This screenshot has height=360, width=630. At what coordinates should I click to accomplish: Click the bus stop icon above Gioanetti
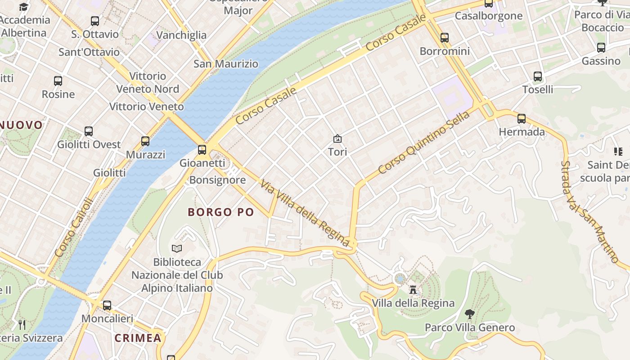click(x=202, y=150)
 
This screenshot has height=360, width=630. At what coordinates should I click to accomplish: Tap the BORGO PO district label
click(x=221, y=212)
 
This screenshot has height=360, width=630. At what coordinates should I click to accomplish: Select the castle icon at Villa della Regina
click(x=413, y=289)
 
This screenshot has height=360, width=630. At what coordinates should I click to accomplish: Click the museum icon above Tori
click(x=337, y=139)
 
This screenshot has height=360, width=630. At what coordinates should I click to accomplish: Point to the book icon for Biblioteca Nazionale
click(x=177, y=248)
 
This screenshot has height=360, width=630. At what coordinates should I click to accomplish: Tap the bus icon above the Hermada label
click(x=522, y=119)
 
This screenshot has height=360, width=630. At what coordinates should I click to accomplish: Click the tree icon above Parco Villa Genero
click(x=469, y=314)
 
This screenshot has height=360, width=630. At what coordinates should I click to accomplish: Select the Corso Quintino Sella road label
click(x=423, y=142)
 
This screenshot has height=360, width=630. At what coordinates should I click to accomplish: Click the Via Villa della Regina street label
click(x=305, y=213)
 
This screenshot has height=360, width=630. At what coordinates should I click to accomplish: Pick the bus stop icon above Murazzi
click(x=145, y=141)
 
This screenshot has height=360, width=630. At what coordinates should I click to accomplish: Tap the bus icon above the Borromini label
click(x=445, y=38)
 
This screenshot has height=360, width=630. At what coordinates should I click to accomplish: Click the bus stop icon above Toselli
click(x=538, y=76)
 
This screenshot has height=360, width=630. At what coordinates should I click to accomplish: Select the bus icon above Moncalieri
click(x=107, y=305)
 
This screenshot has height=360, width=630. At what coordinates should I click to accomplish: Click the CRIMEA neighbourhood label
click(x=138, y=338)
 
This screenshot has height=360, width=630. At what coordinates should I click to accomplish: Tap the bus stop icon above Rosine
click(x=58, y=81)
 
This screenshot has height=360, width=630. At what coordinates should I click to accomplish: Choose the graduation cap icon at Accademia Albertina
click(x=23, y=7)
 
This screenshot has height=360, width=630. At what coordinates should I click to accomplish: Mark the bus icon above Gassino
click(x=601, y=48)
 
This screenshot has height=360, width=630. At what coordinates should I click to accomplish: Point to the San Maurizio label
click(x=226, y=64)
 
